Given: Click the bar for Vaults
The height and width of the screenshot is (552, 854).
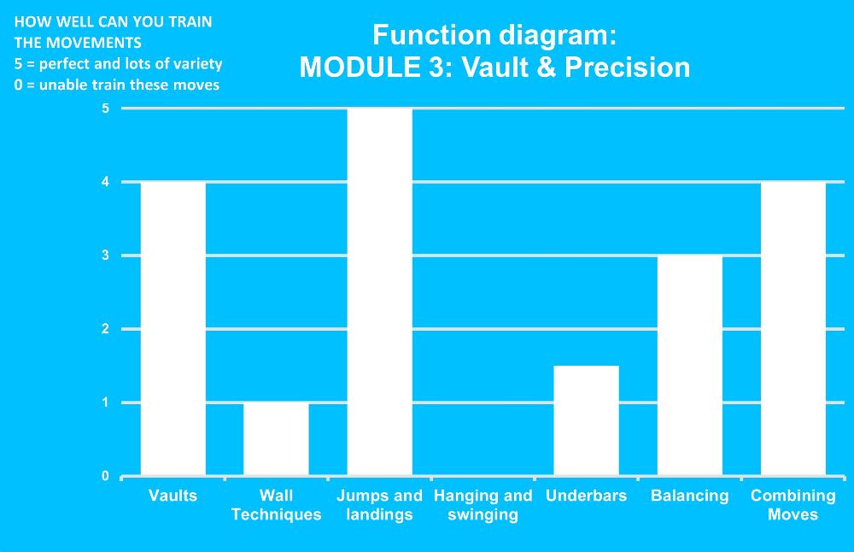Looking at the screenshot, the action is (x=173, y=329).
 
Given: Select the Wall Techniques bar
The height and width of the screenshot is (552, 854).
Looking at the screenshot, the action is (x=276, y=439).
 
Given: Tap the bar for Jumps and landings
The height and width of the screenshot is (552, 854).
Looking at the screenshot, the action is (x=380, y=292).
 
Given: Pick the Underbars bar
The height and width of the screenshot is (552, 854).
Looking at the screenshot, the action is (x=586, y=420).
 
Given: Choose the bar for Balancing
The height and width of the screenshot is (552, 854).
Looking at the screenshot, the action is (x=689, y=366).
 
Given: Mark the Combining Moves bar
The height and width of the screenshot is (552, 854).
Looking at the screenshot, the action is (x=793, y=329).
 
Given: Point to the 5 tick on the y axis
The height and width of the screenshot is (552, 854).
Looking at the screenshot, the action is (x=105, y=109).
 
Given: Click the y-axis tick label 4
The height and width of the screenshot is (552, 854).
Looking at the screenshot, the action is (x=105, y=182).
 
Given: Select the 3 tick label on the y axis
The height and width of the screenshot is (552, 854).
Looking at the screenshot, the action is (x=105, y=255).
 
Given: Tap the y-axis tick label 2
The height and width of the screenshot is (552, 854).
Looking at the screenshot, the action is (x=105, y=329).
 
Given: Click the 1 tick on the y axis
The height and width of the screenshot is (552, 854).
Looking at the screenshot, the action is (x=105, y=402).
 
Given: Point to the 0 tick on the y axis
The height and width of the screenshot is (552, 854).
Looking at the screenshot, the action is (x=105, y=476).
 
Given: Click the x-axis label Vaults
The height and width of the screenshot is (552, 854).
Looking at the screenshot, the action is (x=173, y=496).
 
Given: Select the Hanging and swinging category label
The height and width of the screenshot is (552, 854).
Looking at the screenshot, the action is (x=483, y=505).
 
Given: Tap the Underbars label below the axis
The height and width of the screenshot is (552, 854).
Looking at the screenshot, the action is (x=586, y=496).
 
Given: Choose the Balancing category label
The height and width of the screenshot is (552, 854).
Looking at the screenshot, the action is (x=689, y=496).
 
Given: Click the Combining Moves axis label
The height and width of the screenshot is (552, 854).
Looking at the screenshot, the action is (x=793, y=505).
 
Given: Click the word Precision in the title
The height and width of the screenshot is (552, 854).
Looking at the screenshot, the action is (x=628, y=68).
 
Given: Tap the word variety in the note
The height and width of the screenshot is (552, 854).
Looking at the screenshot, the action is (x=198, y=64).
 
